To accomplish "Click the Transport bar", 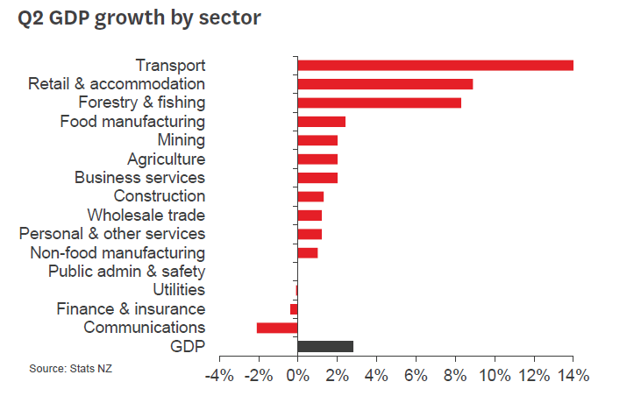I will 435,66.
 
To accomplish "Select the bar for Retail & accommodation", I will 385,84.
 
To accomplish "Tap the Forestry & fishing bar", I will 379,103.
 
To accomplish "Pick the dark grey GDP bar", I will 325,346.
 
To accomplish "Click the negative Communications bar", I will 277,328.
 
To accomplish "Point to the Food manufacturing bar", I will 321,122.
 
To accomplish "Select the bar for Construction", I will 310,196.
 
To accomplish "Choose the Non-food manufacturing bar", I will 307,253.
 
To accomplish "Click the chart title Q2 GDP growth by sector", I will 139,18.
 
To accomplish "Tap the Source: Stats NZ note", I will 71,368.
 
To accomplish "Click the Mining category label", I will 182,140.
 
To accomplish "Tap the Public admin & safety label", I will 126,272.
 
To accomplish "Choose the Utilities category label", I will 178,290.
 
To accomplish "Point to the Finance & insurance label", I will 131,309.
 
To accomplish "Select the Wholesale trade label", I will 146,216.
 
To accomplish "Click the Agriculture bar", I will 317,159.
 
